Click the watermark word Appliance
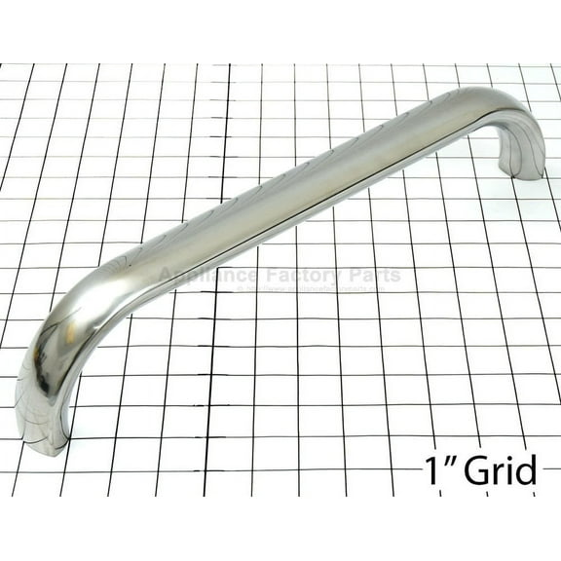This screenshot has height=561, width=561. point(204,277)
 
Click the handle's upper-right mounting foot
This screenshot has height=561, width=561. point(522,162)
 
